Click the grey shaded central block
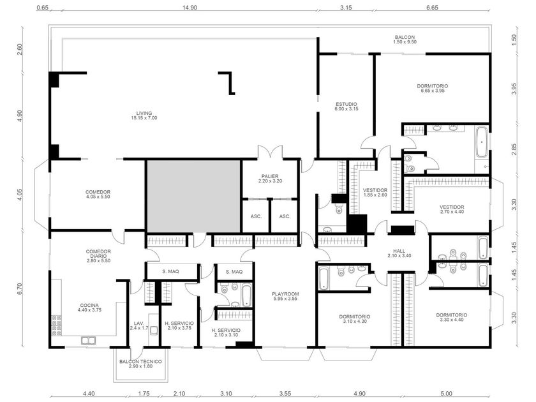pyautogui.click(x=193, y=197)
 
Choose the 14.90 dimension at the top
pyautogui.click(x=190, y=8)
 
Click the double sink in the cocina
pyautogui.click(x=88, y=340)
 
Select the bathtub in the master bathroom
pyautogui.click(x=482, y=142)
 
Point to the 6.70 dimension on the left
pyautogui.click(x=20, y=289)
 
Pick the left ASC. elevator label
pyautogui.click(x=256, y=216)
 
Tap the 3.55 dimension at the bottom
pyautogui.click(x=285, y=394)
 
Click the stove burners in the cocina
pyautogui.click(x=57, y=325)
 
